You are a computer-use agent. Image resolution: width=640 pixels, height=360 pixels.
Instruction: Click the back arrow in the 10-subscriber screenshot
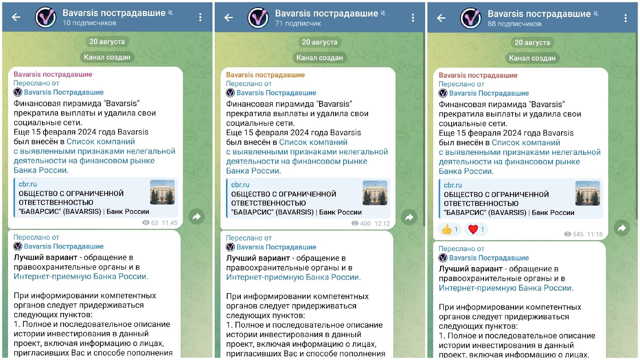[16, 17]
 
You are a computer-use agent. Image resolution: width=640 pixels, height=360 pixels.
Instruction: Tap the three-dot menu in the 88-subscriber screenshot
[625, 18]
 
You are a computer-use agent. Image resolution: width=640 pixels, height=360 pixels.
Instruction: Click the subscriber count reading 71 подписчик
[298, 24]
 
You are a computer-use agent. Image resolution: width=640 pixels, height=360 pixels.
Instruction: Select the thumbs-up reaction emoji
[447, 229]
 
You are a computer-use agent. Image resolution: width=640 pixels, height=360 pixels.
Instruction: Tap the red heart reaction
[473, 229]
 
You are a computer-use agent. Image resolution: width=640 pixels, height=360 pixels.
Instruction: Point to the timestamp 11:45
[169, 223]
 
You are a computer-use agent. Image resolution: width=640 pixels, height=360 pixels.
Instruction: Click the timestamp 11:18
[594, 234]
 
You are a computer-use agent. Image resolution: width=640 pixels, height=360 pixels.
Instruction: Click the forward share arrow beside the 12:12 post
[409, 217]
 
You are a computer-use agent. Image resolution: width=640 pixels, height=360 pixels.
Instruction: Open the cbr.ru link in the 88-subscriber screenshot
[453, 185]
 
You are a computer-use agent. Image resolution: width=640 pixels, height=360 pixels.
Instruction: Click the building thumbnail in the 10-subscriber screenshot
[162, 192]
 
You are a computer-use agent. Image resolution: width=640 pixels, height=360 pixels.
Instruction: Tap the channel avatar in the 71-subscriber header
[258, 18]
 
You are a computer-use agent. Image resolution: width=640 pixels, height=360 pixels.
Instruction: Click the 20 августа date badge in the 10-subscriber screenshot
[107, 42]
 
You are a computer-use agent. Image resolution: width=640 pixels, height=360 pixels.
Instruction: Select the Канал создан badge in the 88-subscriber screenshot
[532, 58]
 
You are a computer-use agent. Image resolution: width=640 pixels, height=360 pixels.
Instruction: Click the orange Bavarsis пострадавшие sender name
[265, 75]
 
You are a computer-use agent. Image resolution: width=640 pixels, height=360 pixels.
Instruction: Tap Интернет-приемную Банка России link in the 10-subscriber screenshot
[81, 276]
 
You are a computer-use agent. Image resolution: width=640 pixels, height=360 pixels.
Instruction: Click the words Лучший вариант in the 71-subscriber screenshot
[258, 258]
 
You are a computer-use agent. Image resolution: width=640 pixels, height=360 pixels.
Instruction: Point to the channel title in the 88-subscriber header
[539, 14]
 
